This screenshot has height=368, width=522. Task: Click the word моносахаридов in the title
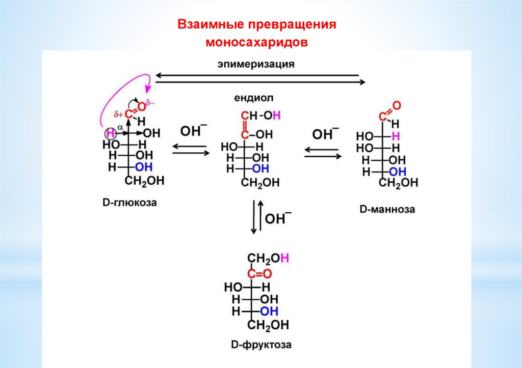pos(257,42)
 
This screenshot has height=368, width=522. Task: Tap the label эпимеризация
pos(256,64)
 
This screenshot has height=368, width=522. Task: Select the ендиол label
pos(254,98)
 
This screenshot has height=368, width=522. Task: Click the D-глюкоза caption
pos(129,203)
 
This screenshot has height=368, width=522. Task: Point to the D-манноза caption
pos(387,209)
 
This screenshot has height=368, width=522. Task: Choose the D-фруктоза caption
pos(261,345)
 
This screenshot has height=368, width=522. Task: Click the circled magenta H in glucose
pos(111,134)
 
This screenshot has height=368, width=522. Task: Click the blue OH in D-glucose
pos(144,167)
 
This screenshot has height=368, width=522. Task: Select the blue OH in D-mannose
pos(398,172)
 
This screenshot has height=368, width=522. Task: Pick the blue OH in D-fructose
pos(269,312)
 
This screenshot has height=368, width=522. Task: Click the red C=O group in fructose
pos(259,274)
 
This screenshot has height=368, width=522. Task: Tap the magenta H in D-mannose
pos(396,136)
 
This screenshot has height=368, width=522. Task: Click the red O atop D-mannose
pos(397,106)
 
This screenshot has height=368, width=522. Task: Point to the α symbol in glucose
pos(120,127)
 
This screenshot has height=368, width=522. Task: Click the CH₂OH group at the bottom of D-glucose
pos(144,181)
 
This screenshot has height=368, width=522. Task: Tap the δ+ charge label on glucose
pos(118,115)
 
